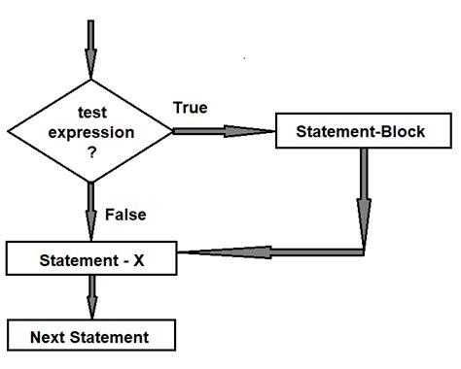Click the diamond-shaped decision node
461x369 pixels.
(90, 130)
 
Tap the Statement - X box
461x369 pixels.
(90, 261)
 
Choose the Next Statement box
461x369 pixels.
(90, 337)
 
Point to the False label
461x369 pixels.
(125, 213)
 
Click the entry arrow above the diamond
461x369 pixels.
(90, 45)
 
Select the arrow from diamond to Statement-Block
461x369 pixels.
(224, 130)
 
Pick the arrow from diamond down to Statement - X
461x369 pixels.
(90, 210)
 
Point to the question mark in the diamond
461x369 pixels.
(89, 151)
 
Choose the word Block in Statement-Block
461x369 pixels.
(398, 130)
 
